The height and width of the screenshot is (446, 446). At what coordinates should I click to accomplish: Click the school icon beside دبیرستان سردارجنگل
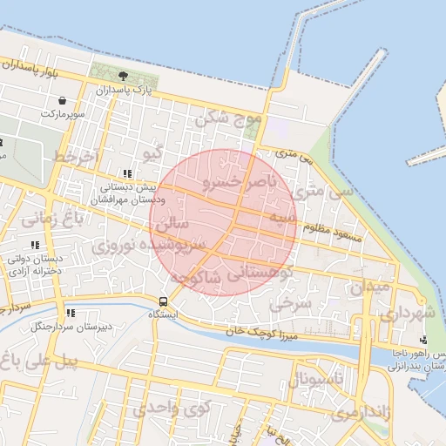(x=70, y=313)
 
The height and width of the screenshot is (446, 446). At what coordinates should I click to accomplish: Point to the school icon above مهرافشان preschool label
(x=128, y=173)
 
